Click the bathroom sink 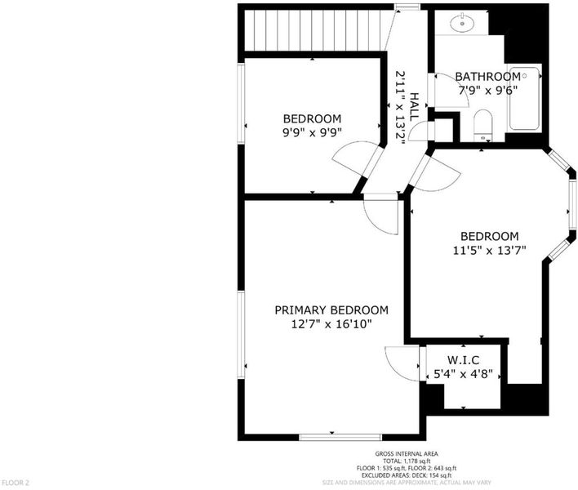click(462, 23)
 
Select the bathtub click(524, 99)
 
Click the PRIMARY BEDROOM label click(331, 310)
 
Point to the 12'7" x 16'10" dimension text click(331, 324)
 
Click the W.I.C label click(464, 359)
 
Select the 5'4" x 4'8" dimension click(464, 374)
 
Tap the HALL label click(415, 107)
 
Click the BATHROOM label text click(487, 77)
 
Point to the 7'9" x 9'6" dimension click(488, 91)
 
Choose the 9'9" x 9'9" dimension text click(312, 132)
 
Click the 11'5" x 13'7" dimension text click(489, 251)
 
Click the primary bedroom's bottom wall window click(340, 437)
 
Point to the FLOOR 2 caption click(16, 483)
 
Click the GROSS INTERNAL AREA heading click(407, 454)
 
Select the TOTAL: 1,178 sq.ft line click(407, 461)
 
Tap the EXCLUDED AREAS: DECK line click(407, 475)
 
